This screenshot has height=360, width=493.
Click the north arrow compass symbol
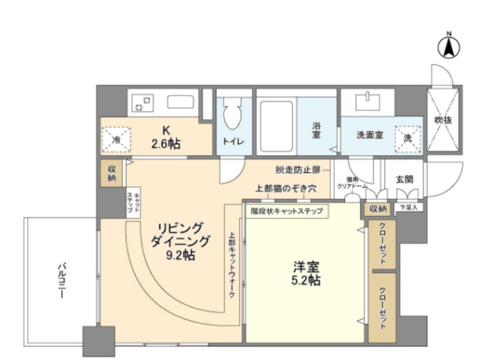(x=449, y=46)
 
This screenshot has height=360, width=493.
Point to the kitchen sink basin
(x=181, y=102)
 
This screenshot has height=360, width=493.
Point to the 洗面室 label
(x=370, y=136)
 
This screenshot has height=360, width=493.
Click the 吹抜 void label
(x=442, y=120)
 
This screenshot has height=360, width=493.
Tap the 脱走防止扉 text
(x=298, y=169)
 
